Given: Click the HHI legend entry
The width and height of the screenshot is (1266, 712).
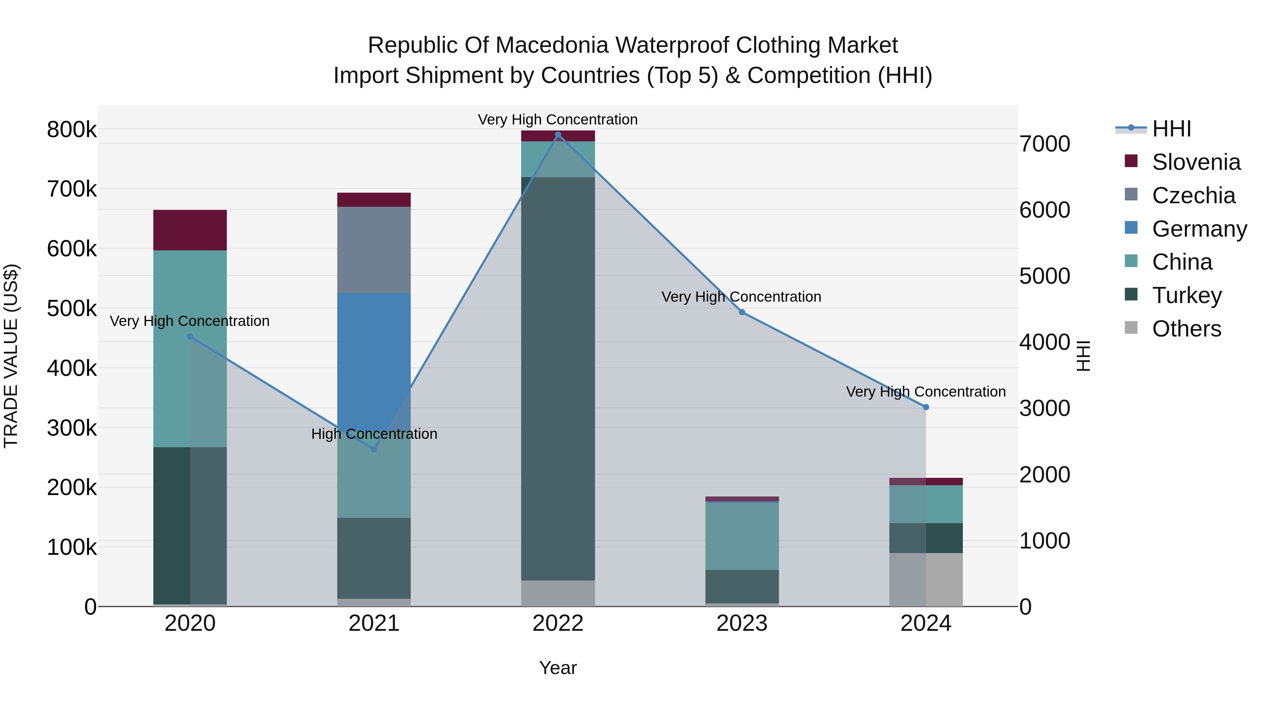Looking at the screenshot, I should [x=1171, y=129].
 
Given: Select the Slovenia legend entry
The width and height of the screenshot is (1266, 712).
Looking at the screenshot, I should [x=1196, y=162].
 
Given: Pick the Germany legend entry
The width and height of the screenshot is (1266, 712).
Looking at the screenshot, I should [x=1199, y=229].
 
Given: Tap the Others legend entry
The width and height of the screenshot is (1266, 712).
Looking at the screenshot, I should [x=1186, y=329].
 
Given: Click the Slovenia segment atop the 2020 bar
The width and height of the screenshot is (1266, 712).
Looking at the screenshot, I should [x=190, y=230].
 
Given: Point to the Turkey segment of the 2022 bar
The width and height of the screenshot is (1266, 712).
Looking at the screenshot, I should [x=558, y=378].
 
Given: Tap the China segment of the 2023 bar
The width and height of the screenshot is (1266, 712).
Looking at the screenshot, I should [x=742, y=535].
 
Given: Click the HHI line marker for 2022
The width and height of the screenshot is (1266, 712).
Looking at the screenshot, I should [x=558, y=135].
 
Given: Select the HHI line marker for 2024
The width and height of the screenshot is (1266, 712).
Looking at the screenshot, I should [x=926, y=407].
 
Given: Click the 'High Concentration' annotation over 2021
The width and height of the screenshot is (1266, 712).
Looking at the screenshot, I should [x=374, y=434].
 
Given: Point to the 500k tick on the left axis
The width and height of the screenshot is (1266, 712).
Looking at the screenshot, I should [x=72, y=309].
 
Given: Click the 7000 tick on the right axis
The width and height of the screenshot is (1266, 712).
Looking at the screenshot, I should [x=1044, y=144].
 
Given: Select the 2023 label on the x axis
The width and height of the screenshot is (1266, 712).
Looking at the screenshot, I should [x=742, y=623].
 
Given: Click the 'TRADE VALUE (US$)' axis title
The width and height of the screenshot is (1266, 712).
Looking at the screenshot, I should [x=11, y=356].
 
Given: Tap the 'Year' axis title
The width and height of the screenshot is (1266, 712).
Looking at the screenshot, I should [x=558, y=668].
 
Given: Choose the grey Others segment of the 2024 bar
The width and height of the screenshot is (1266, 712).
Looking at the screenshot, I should [x=926, y=580].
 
